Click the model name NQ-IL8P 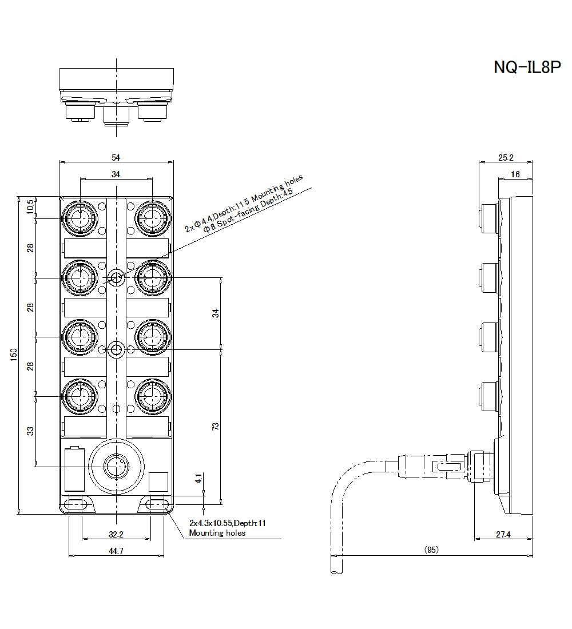527,67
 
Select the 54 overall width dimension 116,157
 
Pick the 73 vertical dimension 216,427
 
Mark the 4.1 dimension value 198,479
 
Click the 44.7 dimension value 116,551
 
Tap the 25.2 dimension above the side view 506,157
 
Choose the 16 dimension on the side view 515,174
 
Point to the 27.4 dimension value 504,534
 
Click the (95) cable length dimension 431,550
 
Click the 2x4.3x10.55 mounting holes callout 228,528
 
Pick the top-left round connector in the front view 80,217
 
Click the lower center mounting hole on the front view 117,349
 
